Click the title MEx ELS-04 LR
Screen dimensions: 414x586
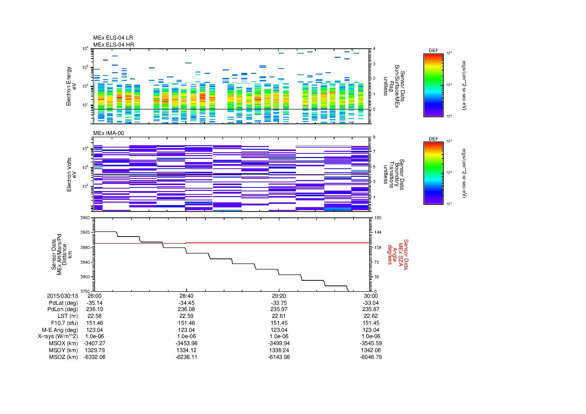(113, 38)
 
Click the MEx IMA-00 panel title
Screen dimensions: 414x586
(108, 133)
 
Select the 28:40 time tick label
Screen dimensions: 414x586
(187, 296)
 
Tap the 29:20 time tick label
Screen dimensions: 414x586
(279, 296)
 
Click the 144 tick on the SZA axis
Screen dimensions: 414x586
(378, 232)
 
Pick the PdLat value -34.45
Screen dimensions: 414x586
(187, 303)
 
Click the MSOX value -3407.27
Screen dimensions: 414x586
(94, 343)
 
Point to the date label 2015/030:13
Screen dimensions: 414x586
(62, 296)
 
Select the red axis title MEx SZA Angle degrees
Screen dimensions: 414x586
(398, 254)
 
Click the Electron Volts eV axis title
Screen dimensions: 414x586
(71, 175)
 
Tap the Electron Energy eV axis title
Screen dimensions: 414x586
(71, 86)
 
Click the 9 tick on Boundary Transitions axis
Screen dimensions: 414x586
(374, 137)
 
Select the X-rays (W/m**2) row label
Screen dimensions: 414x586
(58, 336)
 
